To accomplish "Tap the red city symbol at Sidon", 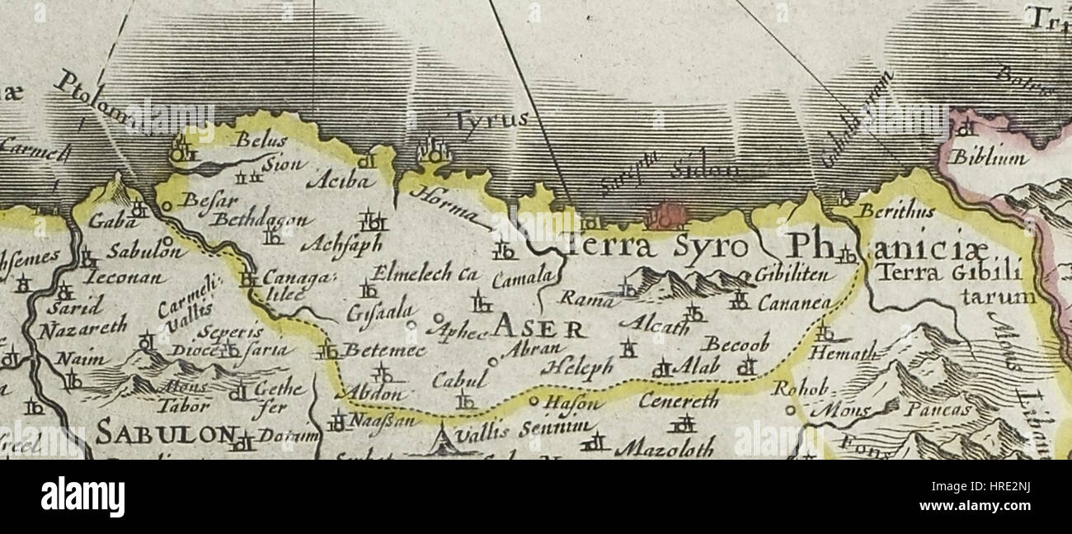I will (x=670, y=215).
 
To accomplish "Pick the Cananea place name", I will (x=794, y=302).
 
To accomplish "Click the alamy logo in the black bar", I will (x=82, y=497).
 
